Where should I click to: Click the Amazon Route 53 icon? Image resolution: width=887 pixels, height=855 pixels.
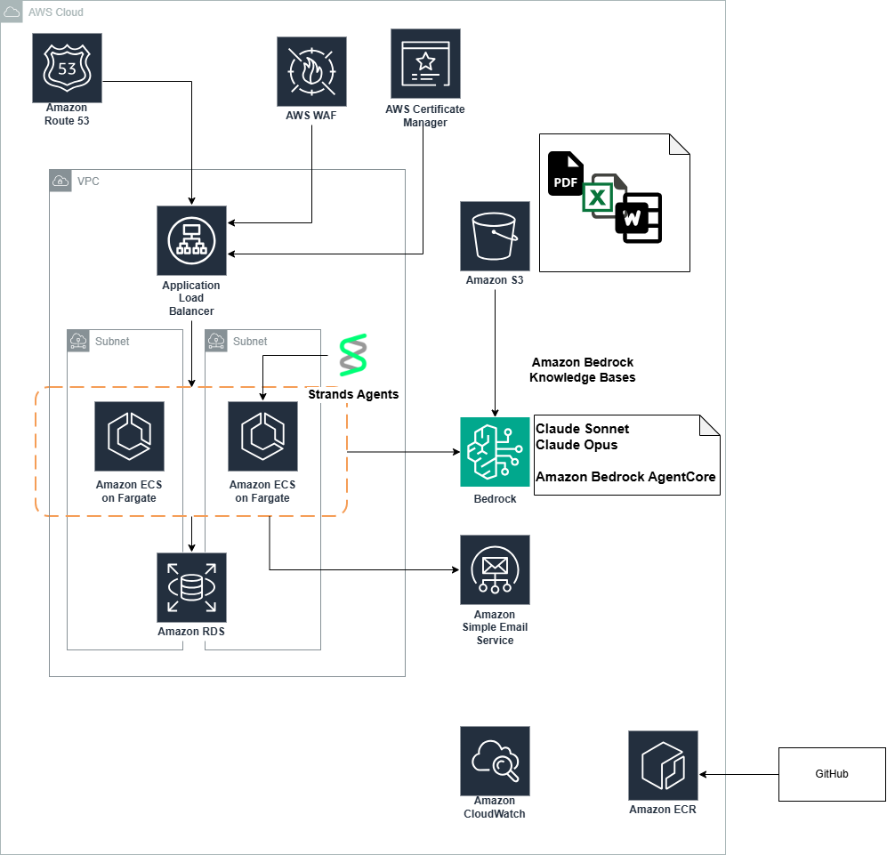[x=67, y=69]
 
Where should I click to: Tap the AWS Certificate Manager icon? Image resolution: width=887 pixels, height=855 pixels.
[x=425, y=63]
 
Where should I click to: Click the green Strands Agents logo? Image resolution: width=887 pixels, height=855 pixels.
[x=353, y=355]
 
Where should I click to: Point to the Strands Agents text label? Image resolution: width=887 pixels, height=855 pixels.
[x=353, y=394]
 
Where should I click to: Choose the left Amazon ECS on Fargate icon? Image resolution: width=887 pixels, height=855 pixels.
[x=129, y=436]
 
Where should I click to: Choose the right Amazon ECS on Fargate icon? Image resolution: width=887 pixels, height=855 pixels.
[x=262, y=436]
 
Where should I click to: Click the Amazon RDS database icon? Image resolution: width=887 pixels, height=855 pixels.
[x=191, y=587]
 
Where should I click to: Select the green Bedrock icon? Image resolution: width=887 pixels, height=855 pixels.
[x=495, y=452]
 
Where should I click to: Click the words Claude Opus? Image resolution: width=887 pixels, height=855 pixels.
[x=577, y=445]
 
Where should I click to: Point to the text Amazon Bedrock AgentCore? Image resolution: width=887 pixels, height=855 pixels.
[x=625, y=477]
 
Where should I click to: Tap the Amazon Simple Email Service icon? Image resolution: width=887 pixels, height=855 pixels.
[x=495, y=569]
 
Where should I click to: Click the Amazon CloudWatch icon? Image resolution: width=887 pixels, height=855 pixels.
[x=495, y=761]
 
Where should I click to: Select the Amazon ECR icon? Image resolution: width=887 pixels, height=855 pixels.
[x=663, y=765]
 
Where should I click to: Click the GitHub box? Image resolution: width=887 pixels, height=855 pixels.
[x=832, y=774]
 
